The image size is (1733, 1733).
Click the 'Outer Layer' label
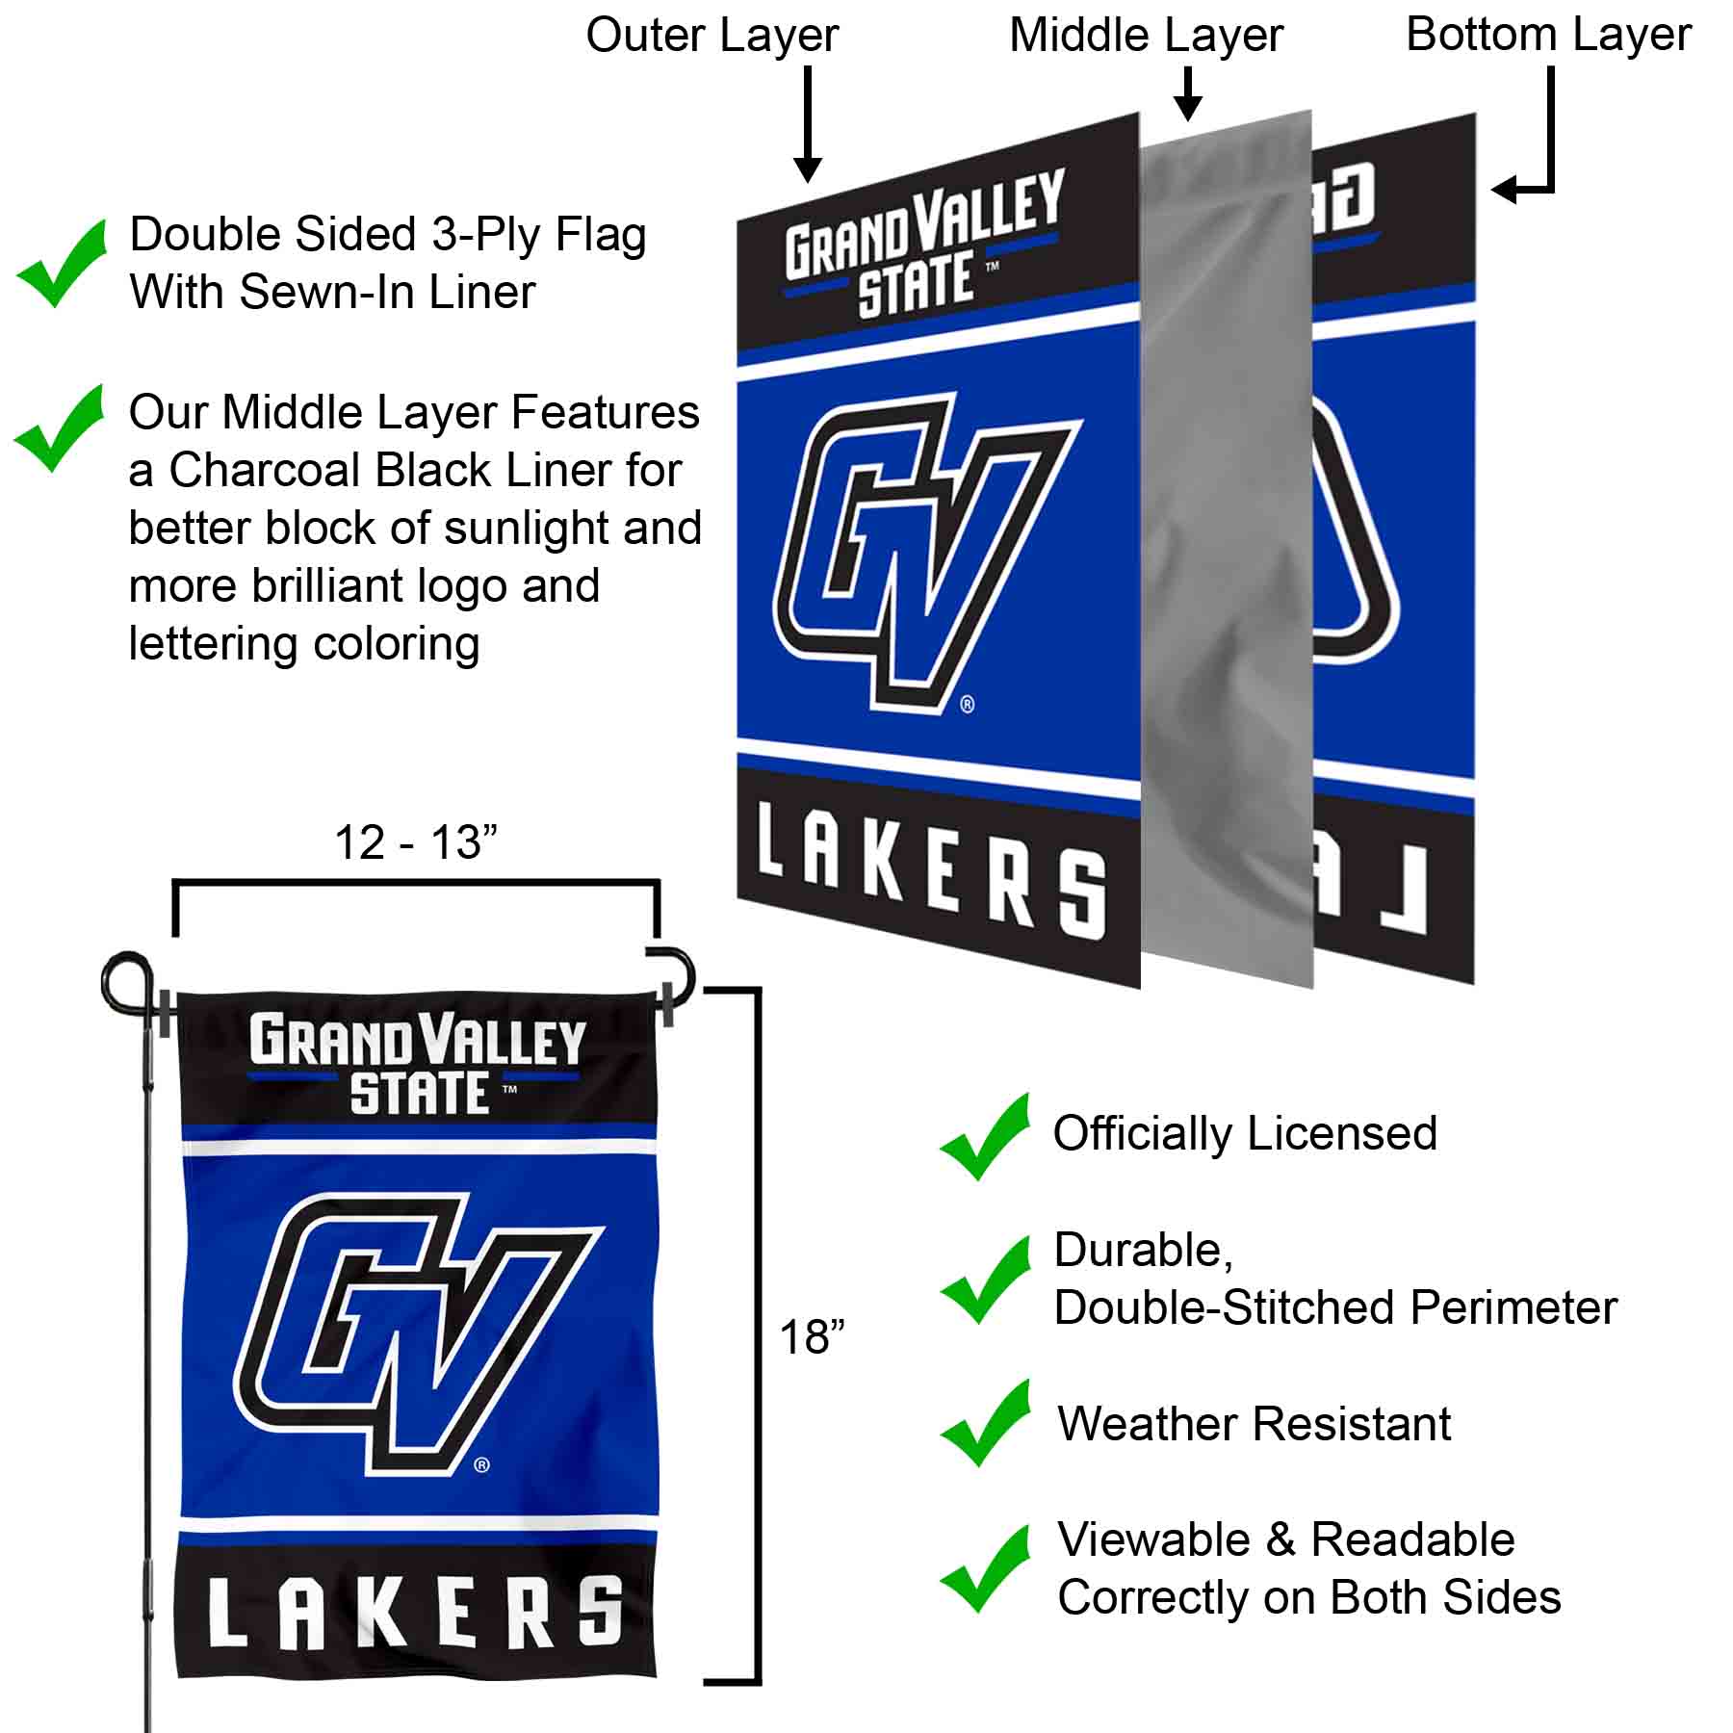click(x=711, y=37)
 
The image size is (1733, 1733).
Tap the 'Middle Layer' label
click(x=1146, y=37)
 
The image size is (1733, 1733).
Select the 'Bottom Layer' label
click(x=1548, y=36)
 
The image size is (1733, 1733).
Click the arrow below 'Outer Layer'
click(x=808, y=123)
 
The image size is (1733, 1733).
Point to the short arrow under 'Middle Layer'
click(x=1189, y=93)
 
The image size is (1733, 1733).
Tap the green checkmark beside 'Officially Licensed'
click(x=986, y=1136)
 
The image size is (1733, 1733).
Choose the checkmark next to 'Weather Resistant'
click(x=986, y=1423)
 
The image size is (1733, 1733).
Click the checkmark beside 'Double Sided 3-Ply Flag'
click(x=62, y=263)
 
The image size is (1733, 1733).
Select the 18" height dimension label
click(x=812, y=1337)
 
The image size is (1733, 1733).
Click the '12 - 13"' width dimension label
click(x=416, y=842)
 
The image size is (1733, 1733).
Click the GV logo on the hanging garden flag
click(x=420, y=1333)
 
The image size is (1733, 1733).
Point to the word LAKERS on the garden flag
click(x=416, y=1614)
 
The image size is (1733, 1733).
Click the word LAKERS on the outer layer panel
click(x=931, y=872)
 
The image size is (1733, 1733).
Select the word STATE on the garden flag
click(x=420, y=1094)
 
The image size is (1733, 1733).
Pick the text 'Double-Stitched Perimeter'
click(x=1335, y=1307)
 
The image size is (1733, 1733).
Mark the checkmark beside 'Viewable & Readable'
click(x=986, y=1569)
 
